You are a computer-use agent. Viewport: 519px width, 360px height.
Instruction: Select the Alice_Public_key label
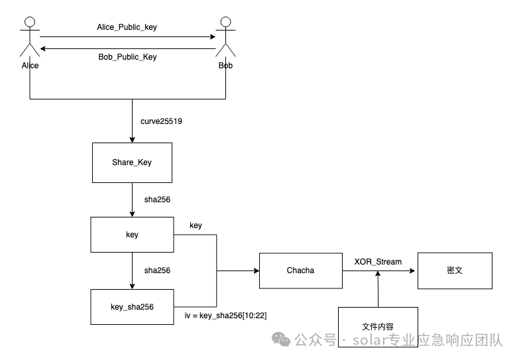(127, 27)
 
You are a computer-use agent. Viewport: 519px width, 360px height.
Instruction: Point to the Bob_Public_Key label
(127, 57)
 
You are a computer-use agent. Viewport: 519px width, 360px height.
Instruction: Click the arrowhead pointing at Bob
(213, 36)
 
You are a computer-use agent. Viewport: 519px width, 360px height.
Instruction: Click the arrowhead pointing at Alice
(43, 48)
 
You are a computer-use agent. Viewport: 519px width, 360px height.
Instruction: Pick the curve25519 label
(161, 121)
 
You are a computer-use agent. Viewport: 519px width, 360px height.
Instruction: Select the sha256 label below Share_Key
(157, 200)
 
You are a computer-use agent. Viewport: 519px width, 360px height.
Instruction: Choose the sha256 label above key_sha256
(157, 270)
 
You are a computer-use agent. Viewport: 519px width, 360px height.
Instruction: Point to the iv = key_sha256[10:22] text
(225, 316)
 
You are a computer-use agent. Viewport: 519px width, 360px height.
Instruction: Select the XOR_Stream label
(378, 262)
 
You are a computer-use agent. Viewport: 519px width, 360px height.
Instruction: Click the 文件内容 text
(378, 327)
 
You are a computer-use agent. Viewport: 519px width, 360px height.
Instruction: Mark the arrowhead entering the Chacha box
(257, 270)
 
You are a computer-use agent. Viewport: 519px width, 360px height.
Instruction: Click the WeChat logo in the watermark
(281, 339)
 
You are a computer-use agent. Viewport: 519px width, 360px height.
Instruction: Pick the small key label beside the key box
(196, 225)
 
